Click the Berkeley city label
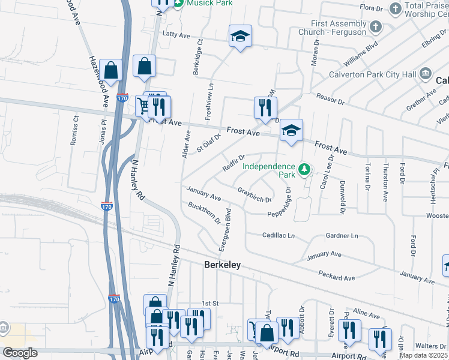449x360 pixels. point(222,264)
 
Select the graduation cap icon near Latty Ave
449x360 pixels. point(240,37)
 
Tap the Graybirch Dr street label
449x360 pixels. point(255,194)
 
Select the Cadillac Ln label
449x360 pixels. point(279,236)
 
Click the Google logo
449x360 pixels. point(20,352)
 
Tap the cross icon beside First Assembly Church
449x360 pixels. point(375,27)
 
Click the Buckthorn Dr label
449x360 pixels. point(205,214)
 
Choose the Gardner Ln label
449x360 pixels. point(342,236)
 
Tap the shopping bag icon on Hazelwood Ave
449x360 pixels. point(112,70)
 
